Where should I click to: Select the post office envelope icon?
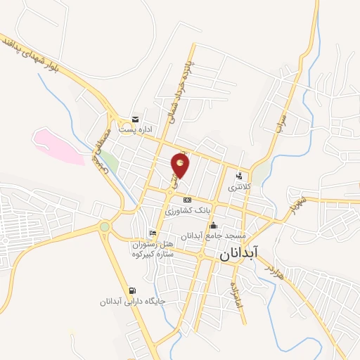(x=136, y=120)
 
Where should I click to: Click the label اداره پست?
(x=135, y=130)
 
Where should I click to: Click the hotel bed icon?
(x=153, y=233)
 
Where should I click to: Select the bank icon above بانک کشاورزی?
(x=186, y=200)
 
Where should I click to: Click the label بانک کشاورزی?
(x=186, y=210)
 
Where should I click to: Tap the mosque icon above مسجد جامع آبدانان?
(x=214, y=225)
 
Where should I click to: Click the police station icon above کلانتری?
(x=240, y=176)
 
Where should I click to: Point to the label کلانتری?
(x=240, y=188)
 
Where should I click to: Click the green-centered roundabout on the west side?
(x=105, y=226)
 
